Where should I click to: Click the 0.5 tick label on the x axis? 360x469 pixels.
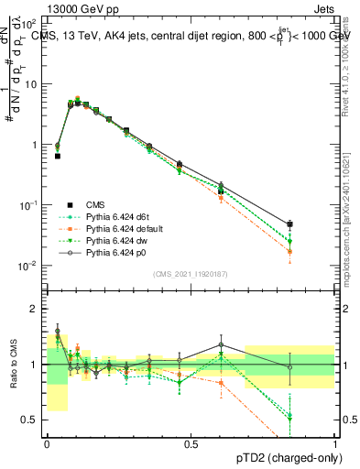pyautogui.click(x=191, y=443)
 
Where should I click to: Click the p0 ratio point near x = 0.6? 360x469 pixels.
pyautogui.click(x=221, y=344)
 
